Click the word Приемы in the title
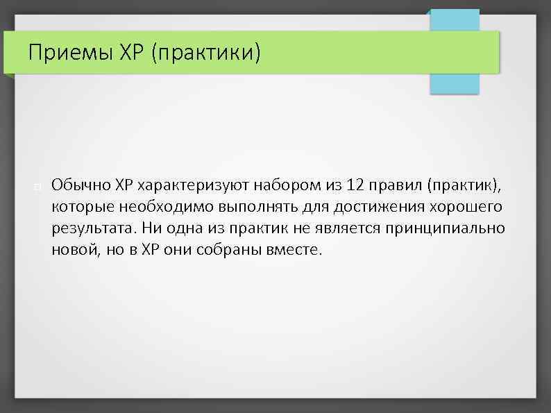click(62, 51)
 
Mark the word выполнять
click(257, 207)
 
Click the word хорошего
click(468, 207)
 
